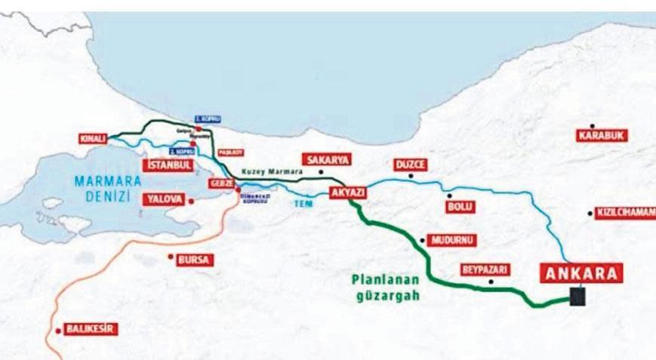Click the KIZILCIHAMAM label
point(624,213)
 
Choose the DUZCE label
point(411,164)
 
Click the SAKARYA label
point(322,160)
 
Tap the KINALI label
point(92,140)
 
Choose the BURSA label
point(195,260)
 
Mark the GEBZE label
point(220,186)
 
